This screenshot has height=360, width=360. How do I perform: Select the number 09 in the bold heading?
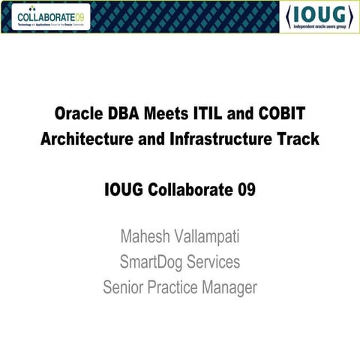click(x=246, y=189)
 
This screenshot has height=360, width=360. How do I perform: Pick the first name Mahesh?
click(x=145, y=238)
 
